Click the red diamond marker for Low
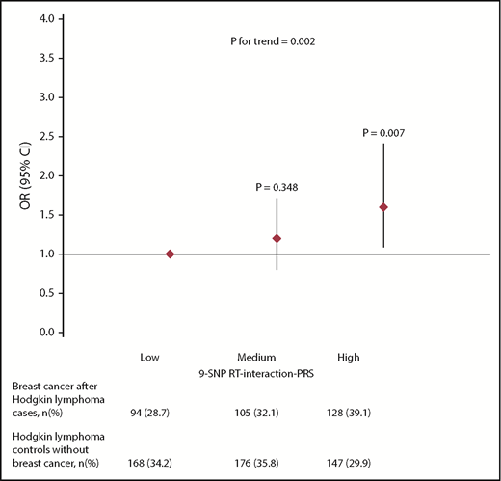pyautogui.click(x=170, y=254)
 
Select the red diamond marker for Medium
pyautogui.click(x=277, y=238)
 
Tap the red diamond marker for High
pyautogui.click(x=383, y=207)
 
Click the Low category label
pyautogui.click(x=149, y=358)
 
